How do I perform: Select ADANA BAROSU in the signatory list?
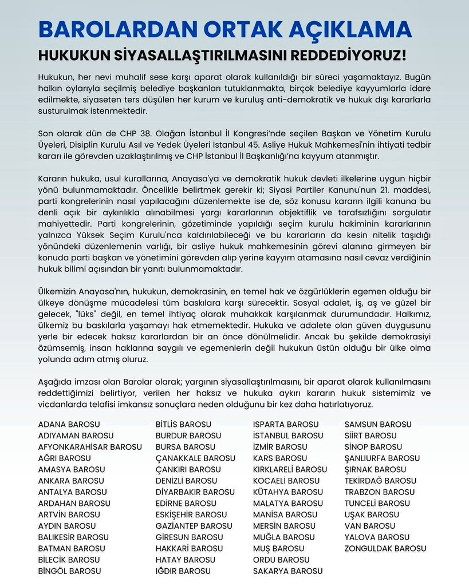69,424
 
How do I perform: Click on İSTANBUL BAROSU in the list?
288,435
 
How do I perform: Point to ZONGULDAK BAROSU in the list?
385,548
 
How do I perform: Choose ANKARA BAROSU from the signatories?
71,481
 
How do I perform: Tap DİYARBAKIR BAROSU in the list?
195,492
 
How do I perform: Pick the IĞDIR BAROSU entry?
183,571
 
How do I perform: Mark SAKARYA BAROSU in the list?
288,571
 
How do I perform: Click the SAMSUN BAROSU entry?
378,424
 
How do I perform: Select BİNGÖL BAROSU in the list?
69,571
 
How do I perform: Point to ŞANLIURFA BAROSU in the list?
382,458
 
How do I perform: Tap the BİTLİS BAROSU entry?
184,424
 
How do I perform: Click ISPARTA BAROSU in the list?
286,424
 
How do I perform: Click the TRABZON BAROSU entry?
380,492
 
